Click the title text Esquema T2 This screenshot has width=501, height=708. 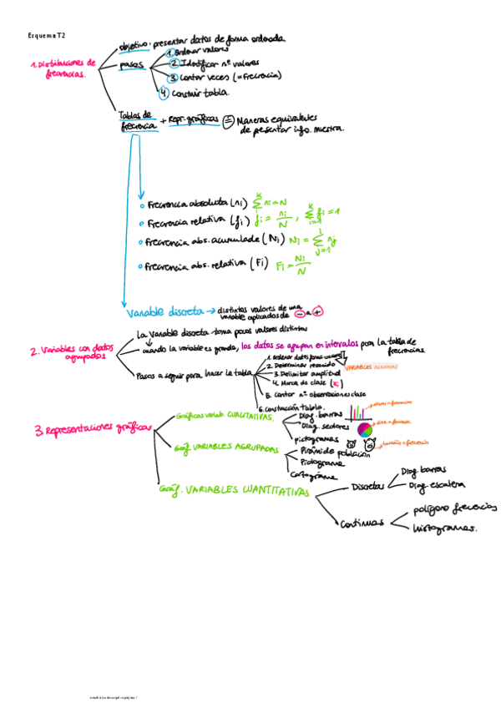click(47, 36)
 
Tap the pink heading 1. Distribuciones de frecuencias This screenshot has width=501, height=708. click(63, 68)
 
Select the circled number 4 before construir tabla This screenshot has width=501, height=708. click(164, 93)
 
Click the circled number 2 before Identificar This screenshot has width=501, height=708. click(174, 63)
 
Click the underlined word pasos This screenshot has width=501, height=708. click(131, 64)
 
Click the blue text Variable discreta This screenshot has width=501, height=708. click(164, 312)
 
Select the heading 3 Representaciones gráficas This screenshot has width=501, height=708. click(92, 430)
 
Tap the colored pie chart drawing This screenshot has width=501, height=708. click(364, 430)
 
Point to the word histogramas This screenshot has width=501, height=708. click(445, 528)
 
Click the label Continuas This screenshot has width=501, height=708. click(362, 524)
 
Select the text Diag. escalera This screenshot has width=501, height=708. click(436, 485)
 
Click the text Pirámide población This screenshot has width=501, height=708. click(334, 451)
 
